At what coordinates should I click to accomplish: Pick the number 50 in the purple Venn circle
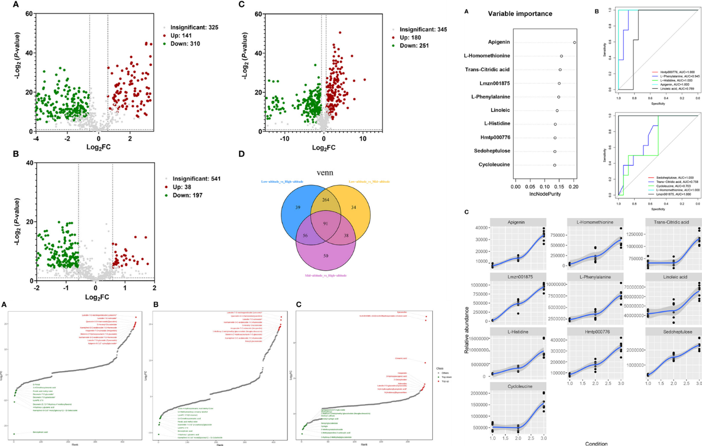326,255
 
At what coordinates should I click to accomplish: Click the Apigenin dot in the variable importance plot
574,42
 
